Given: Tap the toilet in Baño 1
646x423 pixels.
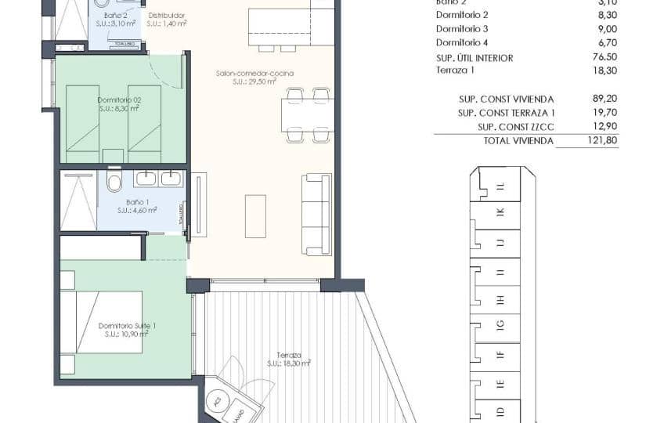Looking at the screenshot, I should (x=114, y=183).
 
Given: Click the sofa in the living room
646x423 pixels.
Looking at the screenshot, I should (x=316, y=214).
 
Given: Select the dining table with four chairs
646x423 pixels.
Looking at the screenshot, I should (x=308, y=115).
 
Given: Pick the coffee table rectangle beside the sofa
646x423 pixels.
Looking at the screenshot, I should (x=255, y=216).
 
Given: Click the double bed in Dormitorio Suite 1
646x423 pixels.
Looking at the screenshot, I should (x=102, y=322).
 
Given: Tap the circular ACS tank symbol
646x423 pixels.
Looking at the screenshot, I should (x=215, y=403).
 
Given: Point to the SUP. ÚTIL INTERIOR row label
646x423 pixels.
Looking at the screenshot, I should (x=475, y=58).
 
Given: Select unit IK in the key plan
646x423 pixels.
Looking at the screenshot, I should (x=500, y=212).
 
